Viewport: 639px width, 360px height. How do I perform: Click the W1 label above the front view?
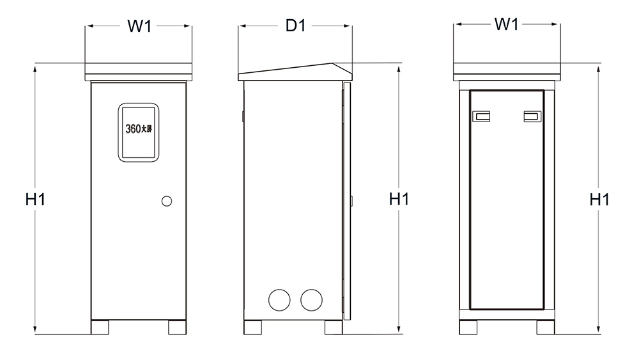click(x=139, y=26)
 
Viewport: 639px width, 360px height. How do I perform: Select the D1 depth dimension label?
click(x=295, y=26)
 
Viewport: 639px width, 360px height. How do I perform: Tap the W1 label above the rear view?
click(x=507, y=24)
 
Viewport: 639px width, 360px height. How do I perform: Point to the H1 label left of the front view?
click(x=35, y=200)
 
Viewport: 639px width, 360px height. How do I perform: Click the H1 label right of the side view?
click(x=399, y=199)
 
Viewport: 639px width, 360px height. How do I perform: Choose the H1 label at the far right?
click(x=599, y=200)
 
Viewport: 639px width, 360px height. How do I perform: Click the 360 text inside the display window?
click(x=133, y=129)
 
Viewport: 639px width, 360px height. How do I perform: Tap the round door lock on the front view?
click(x=167, y=201)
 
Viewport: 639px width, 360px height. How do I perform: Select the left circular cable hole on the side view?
click(x=280, y=300)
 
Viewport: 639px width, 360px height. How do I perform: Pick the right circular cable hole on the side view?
click(x=311, y=300)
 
